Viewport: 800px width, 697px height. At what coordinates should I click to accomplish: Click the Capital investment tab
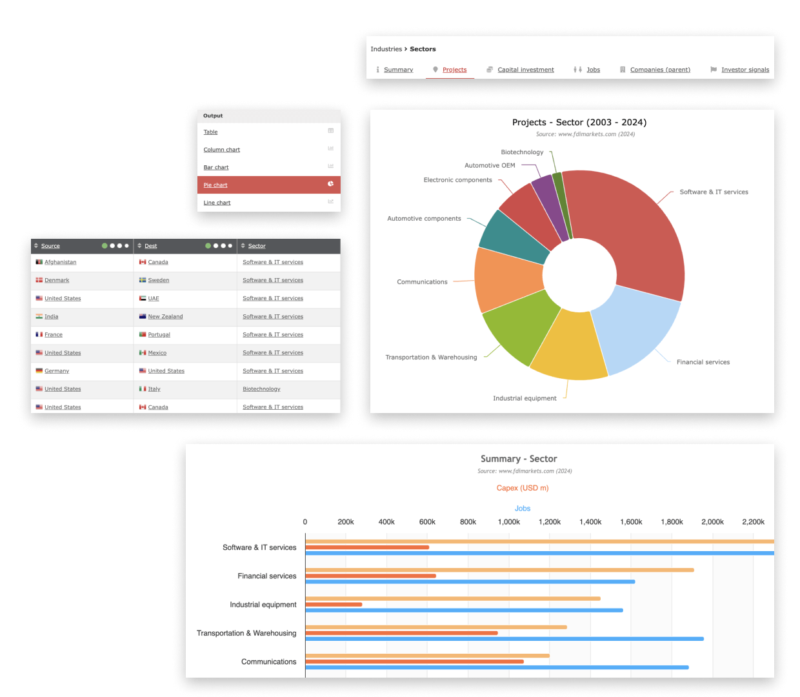(x=525, y=70)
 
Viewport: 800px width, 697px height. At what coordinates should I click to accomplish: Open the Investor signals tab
(x=745, y=70)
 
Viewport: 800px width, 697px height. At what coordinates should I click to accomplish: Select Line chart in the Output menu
(x=217, y=203)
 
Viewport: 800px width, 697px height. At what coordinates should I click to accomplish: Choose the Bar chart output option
(x=216, y=167)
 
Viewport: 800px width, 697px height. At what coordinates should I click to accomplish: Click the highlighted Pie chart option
(x=215, y=185)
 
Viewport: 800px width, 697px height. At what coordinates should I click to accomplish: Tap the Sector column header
(x=257, y=246)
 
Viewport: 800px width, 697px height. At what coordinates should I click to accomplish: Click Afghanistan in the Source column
(x=60, y=262)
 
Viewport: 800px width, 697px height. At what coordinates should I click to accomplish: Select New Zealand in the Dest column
(x=165, y=317)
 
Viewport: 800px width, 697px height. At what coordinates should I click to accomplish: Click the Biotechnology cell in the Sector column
(x=261, y=389)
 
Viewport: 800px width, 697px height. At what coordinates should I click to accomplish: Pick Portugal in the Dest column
(x=159, y=335)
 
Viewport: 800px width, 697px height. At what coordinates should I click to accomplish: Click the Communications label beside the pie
(x=422, y=282)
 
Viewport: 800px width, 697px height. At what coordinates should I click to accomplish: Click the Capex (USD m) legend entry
(x=523, y=488)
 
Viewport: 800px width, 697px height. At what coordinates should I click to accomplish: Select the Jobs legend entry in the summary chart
(x=523, y=509)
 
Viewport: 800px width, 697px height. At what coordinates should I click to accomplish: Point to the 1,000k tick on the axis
(x=509, y=522)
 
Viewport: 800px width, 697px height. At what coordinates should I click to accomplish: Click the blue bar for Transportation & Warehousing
(x=504, y=639)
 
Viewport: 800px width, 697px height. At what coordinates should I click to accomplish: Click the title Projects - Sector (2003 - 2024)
(x=579, y=123)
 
